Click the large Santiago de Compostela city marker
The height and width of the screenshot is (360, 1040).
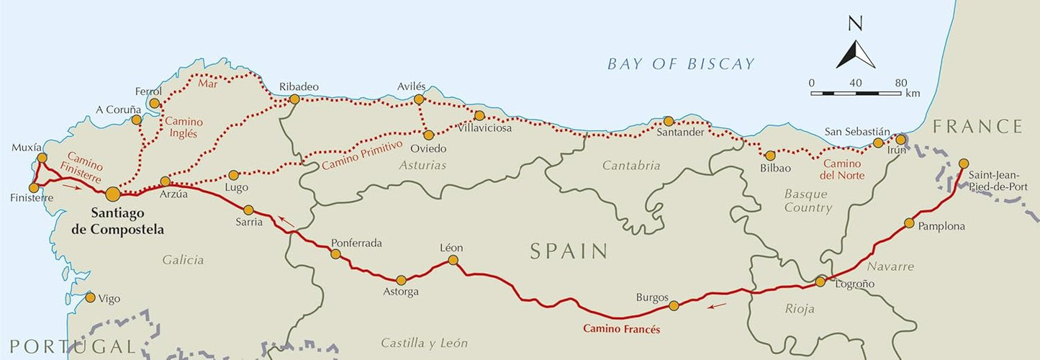point(112,194)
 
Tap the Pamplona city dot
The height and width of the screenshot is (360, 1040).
point(910,223)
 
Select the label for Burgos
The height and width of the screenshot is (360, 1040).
point(652,297)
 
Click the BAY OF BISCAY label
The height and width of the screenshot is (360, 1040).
point(681,64)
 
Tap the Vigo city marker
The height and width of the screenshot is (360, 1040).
point(90,297)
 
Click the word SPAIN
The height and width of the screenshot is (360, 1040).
point(569,251)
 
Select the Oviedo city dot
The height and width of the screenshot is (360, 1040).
point(428,135)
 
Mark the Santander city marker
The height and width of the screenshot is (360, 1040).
point(669,121)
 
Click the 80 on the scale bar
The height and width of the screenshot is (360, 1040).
point(900,83)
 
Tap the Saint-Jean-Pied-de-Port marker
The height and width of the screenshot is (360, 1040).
point(964,163)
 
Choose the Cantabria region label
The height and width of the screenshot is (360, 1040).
point(630,166)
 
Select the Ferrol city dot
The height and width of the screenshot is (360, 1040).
point(154,104)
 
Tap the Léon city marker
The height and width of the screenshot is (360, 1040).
point(453,261)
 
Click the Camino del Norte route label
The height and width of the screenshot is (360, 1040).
point(842,169)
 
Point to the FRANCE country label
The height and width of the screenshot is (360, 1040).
point(977,127)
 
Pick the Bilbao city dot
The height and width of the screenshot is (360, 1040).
point(770,156)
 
